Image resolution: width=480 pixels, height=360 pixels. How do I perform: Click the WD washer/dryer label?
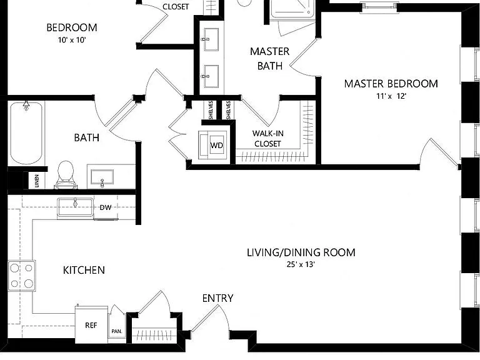point(217,146)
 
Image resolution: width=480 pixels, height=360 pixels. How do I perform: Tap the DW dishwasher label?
point(106,207)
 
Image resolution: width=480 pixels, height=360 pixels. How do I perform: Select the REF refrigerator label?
point(91,325)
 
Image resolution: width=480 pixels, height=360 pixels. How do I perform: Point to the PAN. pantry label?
point(117,331)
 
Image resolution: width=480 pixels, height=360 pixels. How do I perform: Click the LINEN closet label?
point(37,181)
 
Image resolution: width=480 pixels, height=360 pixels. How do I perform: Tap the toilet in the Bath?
point(66,175)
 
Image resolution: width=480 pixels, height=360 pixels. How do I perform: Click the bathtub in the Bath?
point(26,133)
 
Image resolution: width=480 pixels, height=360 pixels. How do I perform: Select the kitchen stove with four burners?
point(21,276)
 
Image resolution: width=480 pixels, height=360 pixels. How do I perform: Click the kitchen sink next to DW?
point(75,207)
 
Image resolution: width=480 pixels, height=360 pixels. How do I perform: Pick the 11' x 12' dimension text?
point(391,96)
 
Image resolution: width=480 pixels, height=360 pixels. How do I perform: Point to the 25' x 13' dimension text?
point(301,264)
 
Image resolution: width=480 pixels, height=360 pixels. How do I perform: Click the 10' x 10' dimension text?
point(72,40)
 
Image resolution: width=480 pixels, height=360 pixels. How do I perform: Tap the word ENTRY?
point(217,298)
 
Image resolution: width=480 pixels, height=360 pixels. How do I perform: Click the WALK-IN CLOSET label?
point(268,138)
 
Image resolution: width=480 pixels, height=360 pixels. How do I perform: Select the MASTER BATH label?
point(270,59)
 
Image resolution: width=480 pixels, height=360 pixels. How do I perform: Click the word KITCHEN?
point(84,270)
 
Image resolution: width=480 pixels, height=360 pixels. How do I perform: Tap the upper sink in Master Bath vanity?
point(211,39)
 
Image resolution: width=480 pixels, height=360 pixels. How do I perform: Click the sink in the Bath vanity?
point(102,177)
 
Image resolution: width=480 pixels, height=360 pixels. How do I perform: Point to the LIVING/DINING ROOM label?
point(301,252)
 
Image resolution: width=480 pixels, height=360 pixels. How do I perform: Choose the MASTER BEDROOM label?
point(391,84)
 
